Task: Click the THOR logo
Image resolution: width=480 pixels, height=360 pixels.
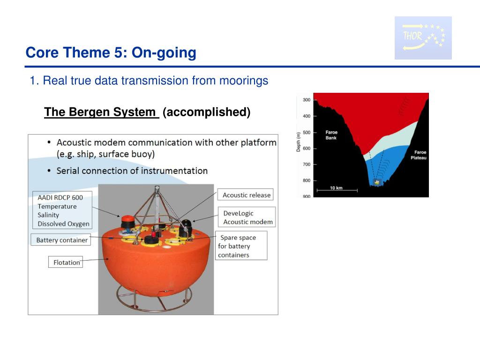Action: tap(423, 37)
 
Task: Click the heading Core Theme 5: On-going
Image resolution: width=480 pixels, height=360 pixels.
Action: tap(111, 52)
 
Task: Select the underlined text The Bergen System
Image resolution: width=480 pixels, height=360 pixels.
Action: tap(100, 112)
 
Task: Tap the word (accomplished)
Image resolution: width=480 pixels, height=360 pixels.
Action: tap(207, 112)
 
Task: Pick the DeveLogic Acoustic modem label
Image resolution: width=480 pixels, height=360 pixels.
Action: tap(247, 217)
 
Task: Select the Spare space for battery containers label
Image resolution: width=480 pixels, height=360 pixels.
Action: tap(241, 246)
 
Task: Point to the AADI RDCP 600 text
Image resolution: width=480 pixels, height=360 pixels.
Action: tap(60, 198)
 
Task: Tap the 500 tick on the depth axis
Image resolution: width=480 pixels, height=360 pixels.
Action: tap(307, 133)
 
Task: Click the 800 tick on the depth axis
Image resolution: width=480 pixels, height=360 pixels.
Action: tap(307, 180)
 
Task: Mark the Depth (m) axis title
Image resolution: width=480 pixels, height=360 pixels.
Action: tap(299, 142)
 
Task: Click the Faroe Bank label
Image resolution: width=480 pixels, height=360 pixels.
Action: tap(331, 135)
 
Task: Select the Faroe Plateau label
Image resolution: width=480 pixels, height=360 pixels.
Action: tap(419, 155)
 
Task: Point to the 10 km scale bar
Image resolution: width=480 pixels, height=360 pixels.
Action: tap(337, 190)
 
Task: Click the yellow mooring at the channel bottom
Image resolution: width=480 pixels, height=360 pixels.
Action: tap(377, 182)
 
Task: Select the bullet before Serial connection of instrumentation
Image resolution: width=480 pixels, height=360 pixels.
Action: tap(49, 171)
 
